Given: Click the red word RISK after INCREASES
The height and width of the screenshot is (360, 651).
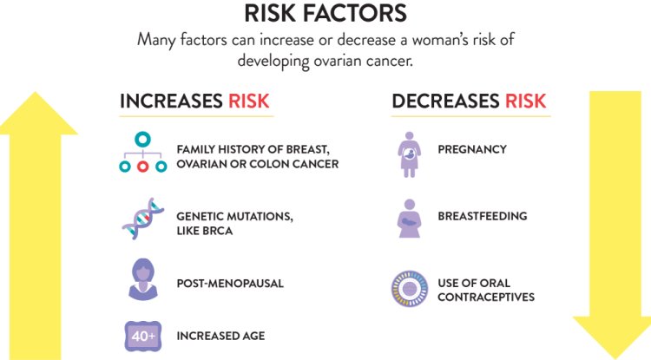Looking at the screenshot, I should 249,101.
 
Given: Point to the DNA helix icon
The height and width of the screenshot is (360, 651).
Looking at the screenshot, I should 141,218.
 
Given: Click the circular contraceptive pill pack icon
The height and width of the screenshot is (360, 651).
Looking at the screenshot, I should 411,290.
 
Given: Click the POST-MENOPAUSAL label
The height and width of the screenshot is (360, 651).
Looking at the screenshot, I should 230,284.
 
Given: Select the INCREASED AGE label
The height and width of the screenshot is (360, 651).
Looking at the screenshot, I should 220,336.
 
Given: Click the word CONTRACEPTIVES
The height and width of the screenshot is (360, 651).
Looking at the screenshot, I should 486,298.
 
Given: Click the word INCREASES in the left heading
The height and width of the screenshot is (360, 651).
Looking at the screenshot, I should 171,101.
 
